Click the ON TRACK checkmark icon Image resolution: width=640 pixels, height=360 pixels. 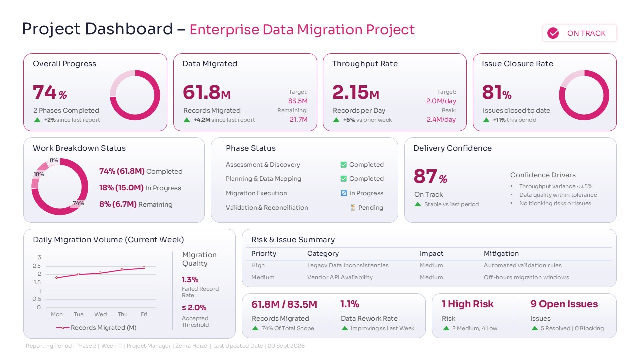click(553, 33)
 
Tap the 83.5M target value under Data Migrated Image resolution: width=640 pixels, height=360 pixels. click(298, 101)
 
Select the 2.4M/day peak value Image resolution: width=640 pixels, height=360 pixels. click(441, 119)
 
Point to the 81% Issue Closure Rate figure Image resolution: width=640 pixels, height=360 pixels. click(496, 93)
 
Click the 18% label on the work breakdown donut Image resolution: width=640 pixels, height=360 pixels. click(39, 174)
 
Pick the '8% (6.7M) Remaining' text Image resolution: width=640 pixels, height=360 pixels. click(136, 204)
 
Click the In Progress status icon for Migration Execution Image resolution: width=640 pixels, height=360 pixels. click(344, 193)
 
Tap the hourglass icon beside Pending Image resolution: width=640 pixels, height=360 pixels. click(353, 207)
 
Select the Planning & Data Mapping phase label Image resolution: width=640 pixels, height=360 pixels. click(263, 179)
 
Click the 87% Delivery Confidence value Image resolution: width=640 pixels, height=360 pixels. click(430, 177)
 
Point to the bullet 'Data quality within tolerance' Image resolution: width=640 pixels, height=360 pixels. click(558, 195)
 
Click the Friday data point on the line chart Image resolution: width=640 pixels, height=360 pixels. click(144, 268)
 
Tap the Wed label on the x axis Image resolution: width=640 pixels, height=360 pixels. click(100, 314)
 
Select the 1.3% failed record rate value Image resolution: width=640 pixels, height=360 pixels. click(190, 280)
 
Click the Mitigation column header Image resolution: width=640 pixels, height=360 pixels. click(501, 253)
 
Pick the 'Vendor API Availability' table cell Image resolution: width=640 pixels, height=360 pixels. click(340, 277)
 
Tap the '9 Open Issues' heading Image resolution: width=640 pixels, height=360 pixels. click(564, 304)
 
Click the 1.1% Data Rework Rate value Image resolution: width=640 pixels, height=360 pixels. click(350, 304)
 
